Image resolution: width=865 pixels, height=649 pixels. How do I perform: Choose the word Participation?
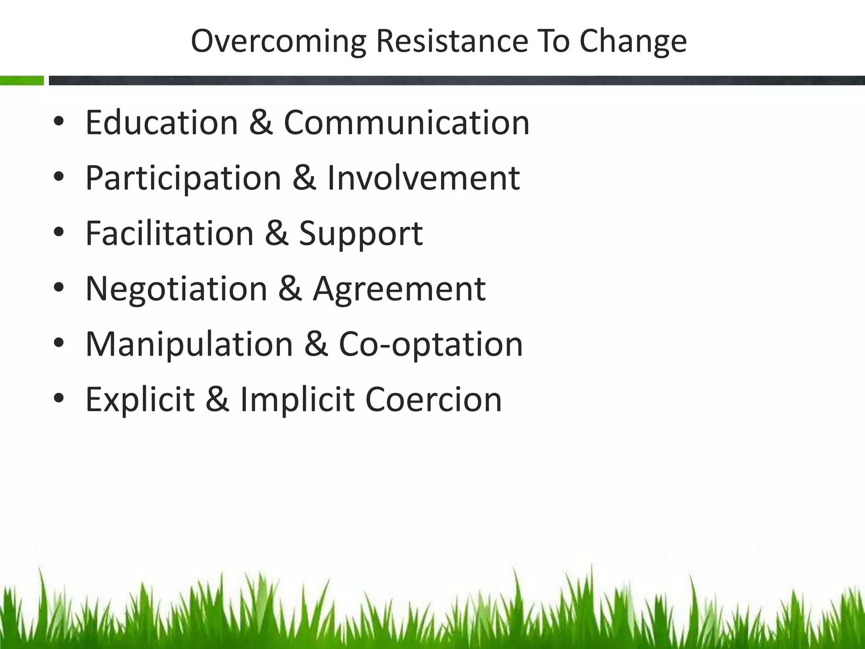(183, 178)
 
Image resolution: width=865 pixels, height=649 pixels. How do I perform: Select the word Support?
(361, 234)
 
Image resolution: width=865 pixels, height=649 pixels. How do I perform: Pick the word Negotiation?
(176, 288)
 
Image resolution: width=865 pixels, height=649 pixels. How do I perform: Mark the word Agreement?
(399, 289)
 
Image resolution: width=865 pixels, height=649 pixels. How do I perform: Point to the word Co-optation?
(431, 344)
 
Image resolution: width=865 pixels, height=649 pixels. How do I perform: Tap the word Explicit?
(140, 399)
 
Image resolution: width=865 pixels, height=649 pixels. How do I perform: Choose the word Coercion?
(433, 399)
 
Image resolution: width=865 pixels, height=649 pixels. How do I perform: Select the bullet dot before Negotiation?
(59, 288)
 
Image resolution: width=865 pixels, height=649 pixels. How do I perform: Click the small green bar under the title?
(22, 80)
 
